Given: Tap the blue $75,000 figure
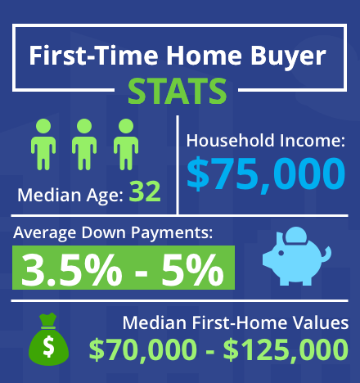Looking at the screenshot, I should [264, 173].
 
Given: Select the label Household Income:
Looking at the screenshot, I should [264, 141].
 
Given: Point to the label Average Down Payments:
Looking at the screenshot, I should [113, 233].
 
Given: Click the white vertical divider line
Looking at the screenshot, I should [178, 164].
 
